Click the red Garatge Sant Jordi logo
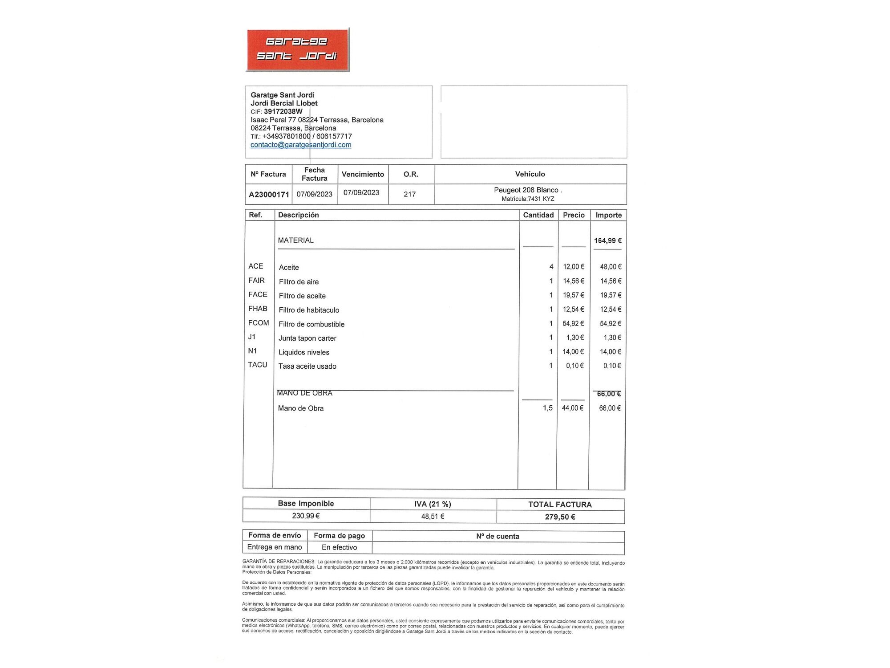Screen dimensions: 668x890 point(298,49)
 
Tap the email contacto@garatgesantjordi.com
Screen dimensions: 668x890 point(301,145)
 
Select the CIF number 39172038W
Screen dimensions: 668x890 point(283,111)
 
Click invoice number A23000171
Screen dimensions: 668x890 point(269,195)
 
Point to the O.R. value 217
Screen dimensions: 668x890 point(409,194)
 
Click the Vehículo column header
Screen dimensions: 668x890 point(530,174)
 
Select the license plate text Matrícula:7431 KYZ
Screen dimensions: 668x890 point(528,199)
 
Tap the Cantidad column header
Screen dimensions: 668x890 point(538,215)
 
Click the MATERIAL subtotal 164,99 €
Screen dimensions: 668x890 point(607,240)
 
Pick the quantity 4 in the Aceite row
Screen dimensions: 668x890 point(551,267)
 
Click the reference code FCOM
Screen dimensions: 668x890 point(259,323)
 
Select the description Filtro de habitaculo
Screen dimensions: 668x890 point(309,310)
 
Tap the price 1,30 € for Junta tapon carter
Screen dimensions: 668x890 point(574,338)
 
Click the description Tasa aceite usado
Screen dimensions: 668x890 point(307,366)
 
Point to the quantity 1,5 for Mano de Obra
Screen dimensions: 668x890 point(547,408)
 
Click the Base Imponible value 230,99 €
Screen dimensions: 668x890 point(306,516)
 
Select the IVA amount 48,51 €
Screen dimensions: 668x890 point(433,517)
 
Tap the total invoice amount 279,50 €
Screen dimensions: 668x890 point(560,517)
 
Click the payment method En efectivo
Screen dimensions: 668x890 point(339,547)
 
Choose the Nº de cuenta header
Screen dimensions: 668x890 point(498,536)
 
